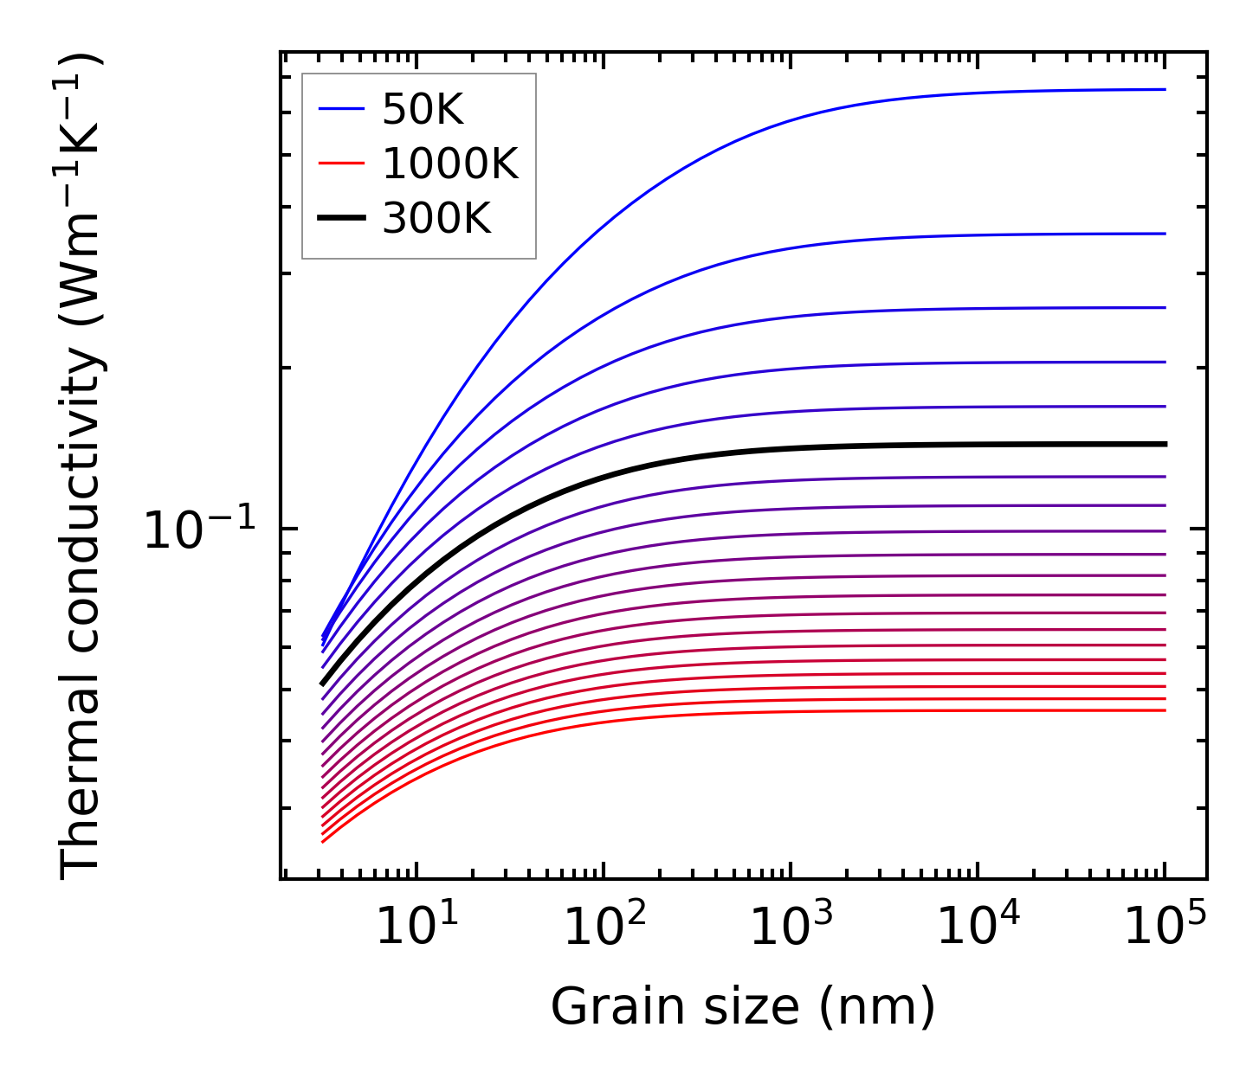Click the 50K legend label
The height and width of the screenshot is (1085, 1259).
click(x=423, y=110)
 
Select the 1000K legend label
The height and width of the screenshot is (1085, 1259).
click(x=450, y=164)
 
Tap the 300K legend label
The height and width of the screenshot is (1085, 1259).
click(x=436, y=219)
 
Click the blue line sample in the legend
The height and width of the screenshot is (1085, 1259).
click(x=343, y=109)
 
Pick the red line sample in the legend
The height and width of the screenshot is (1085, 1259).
click(x=343, y=164)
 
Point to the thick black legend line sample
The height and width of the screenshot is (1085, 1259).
click(x=343, y=219)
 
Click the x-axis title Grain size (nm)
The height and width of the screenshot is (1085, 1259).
click(x=743, y=1008)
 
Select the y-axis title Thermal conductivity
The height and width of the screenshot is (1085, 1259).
click(x=82, y=467)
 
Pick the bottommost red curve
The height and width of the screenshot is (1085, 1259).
click(x=779, y=713)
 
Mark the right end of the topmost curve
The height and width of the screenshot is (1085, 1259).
click(x=1165, y=89)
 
